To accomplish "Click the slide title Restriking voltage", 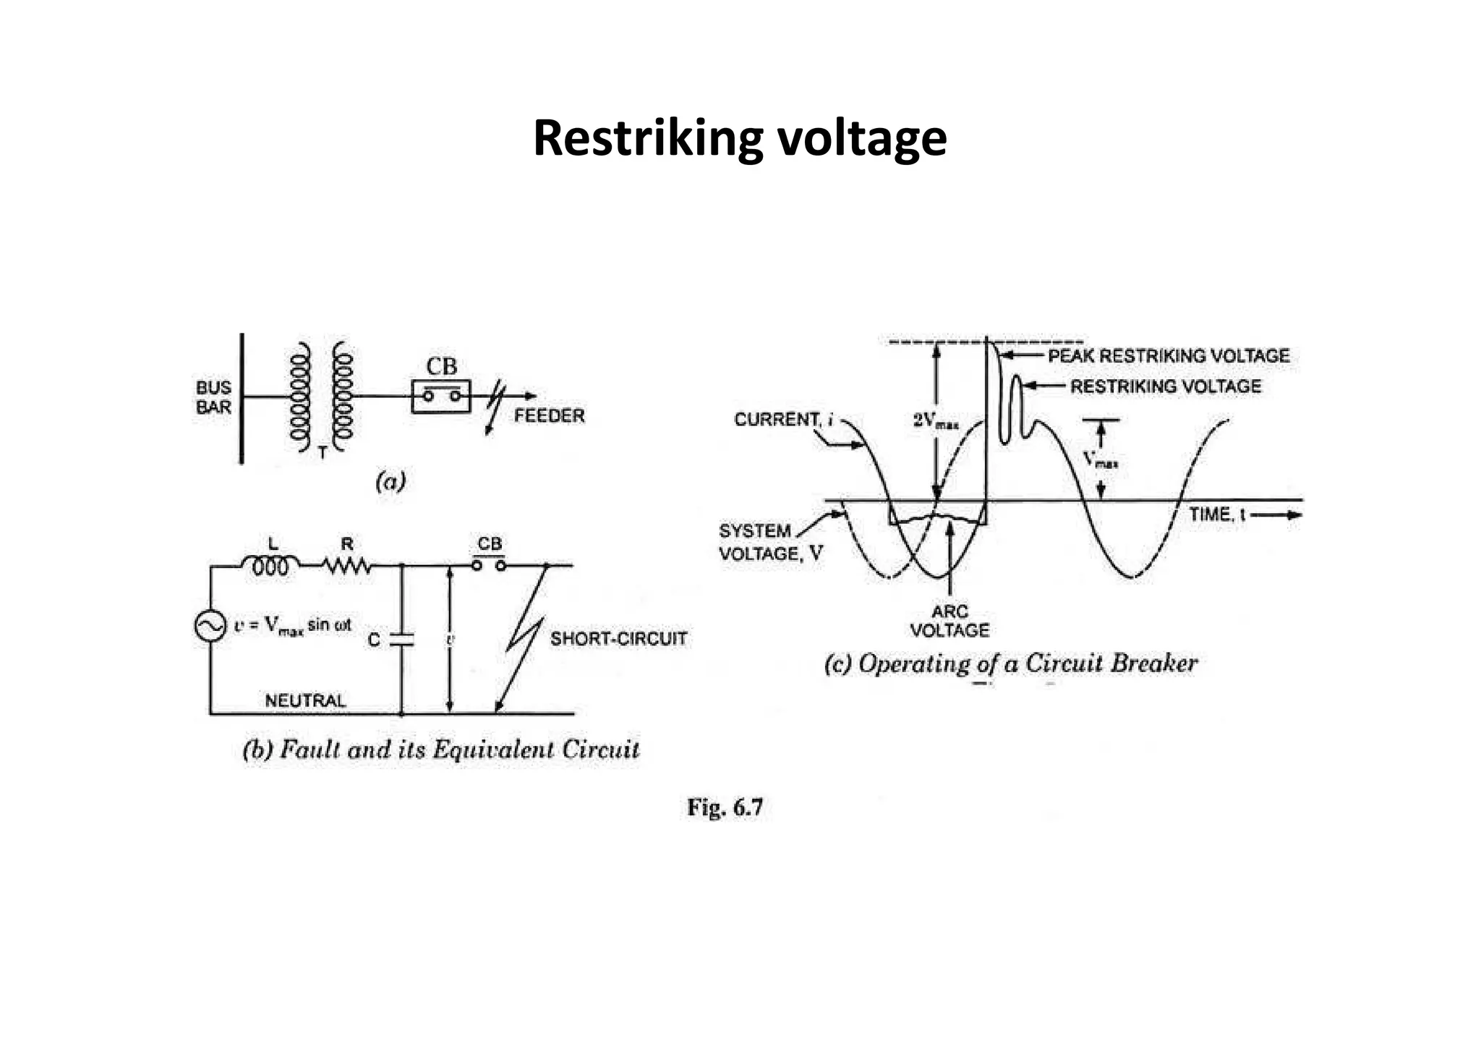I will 739,138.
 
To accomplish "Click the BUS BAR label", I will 213,397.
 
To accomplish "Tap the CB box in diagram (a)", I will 441,397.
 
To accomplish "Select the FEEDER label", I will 549,416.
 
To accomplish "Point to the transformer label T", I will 323,452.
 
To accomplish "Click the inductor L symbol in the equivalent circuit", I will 270,566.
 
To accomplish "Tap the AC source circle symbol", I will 210,626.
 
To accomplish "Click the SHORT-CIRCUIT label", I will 618,639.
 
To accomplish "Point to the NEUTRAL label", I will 305,700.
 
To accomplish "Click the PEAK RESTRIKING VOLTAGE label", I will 1169,356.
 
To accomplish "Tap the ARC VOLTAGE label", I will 949,621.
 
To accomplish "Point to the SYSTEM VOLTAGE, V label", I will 770,542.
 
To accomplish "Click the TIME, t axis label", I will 1218,514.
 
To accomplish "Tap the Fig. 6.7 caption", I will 725,807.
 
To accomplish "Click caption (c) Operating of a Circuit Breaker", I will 1011,664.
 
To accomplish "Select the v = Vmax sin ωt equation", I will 292,625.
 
